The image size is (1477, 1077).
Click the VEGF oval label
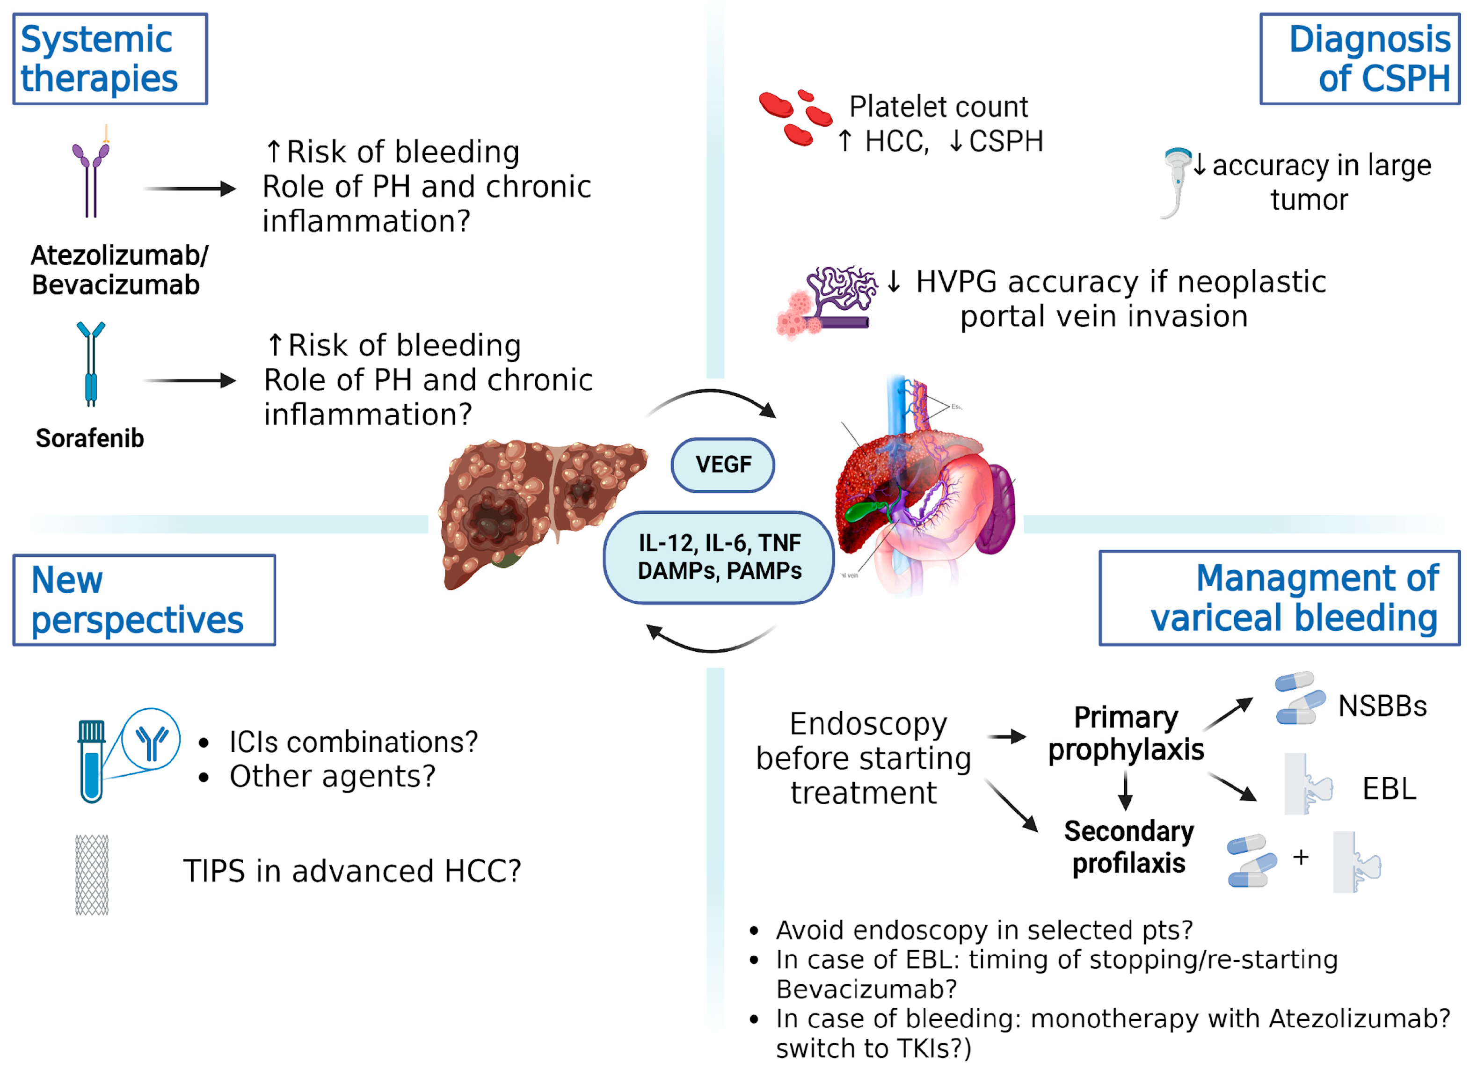coord(722,465)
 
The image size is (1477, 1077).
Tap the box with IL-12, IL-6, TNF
coord(719,557)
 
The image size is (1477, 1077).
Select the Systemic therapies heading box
coord(110,58)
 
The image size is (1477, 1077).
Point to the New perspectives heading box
coord(144,600)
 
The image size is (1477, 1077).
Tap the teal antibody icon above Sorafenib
coord(91,364)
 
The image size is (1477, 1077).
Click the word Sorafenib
coord(90,439)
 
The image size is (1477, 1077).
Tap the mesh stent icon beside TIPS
coord(91,875)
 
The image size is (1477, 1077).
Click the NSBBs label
coord(1382,706)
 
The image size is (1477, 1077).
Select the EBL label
coord(1389,789)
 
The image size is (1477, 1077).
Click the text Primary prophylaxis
coord(1126,734)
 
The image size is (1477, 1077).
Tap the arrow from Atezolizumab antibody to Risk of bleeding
coord(189,189)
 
